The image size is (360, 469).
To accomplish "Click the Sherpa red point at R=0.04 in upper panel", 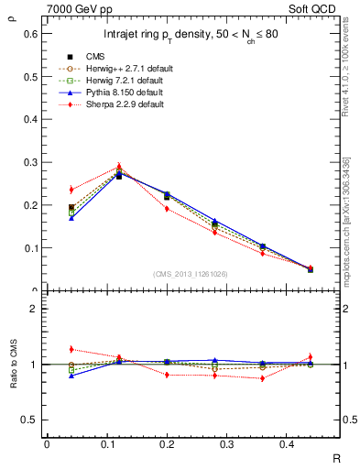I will click(71, 190).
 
